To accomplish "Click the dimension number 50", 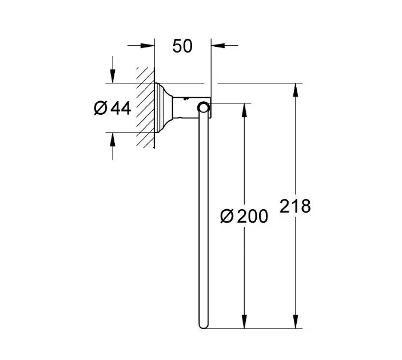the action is (x=182, y=46).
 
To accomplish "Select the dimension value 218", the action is (x=295, y=206).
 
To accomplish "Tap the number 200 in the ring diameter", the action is (x=253, y=216).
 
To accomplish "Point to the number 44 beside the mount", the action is (x=121, y=108).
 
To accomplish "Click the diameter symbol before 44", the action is (x=100, y=108).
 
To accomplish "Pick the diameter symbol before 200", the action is (x=227, y=216).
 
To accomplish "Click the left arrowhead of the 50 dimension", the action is (x=148, y=46).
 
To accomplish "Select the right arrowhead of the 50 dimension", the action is (x=218, y=46).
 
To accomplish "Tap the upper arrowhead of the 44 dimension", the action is (x=113, y=76).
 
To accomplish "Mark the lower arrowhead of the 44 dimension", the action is (x=113, y=139).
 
